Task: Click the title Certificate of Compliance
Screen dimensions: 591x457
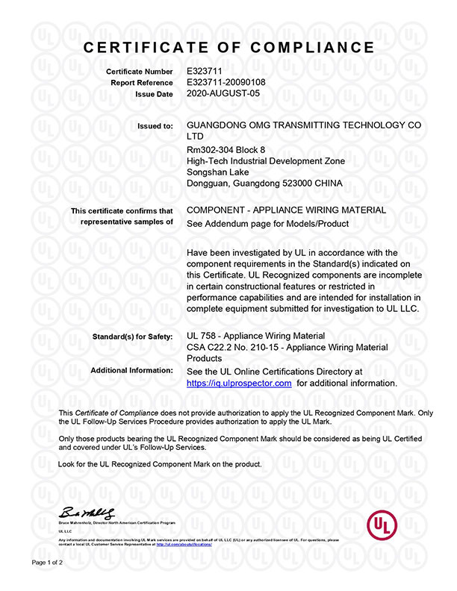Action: point(228,47)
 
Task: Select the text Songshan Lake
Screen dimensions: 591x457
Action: point(215,172)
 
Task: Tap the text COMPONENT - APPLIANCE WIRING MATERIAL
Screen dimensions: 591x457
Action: point(286,210)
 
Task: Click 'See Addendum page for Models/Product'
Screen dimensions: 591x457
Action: point(267,223)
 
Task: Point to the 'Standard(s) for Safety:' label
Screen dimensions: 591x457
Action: point(134,336)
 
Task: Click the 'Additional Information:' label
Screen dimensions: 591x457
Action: point(131,370)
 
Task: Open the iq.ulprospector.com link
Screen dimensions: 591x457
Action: point(238,383)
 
